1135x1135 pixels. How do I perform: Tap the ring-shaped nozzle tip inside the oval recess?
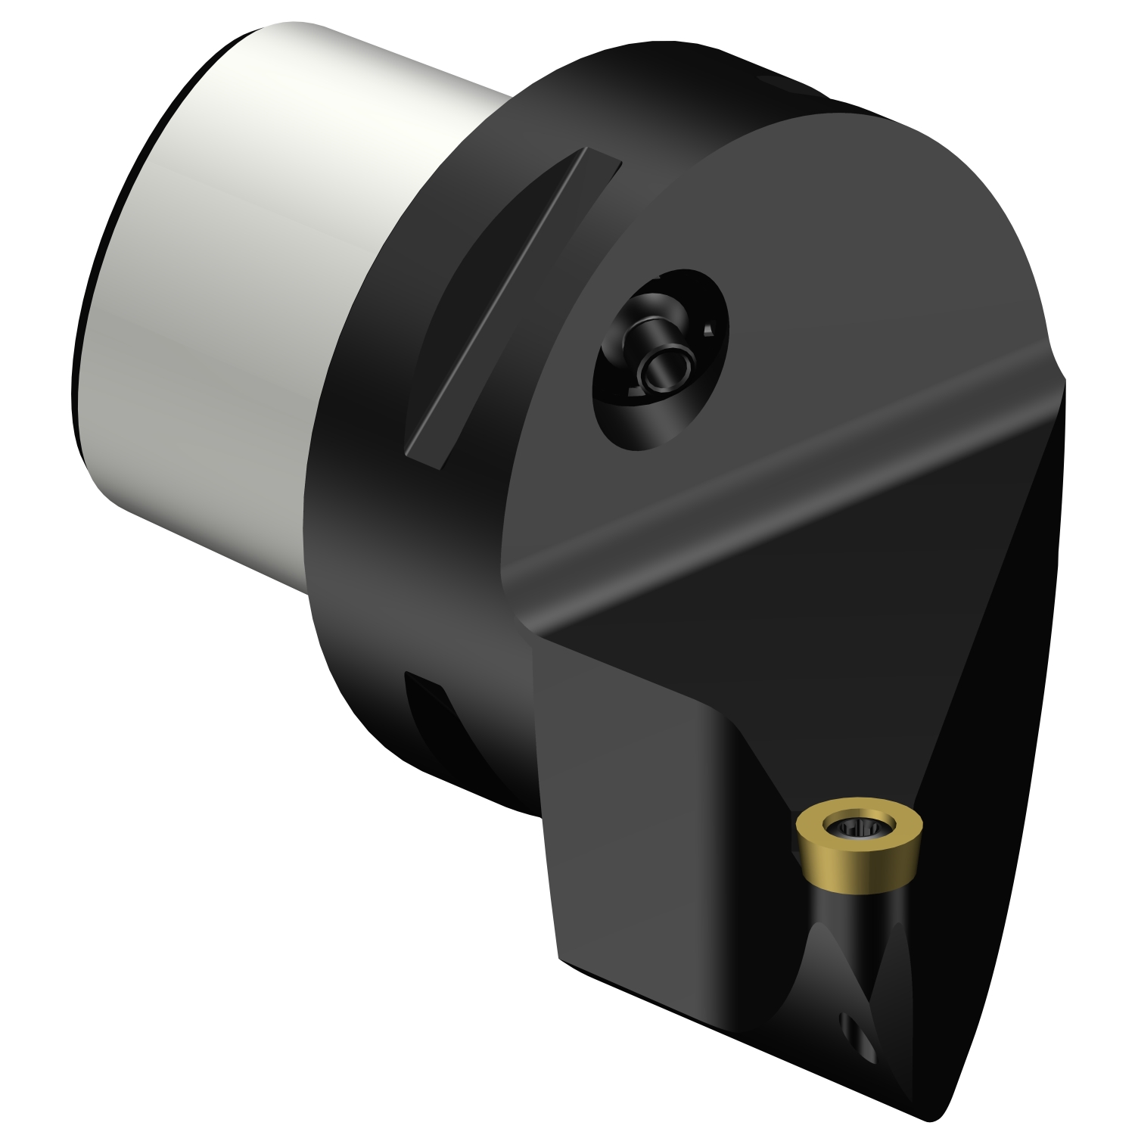(x=666, y=368)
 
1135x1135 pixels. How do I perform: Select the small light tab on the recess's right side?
(x=708, y=329)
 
